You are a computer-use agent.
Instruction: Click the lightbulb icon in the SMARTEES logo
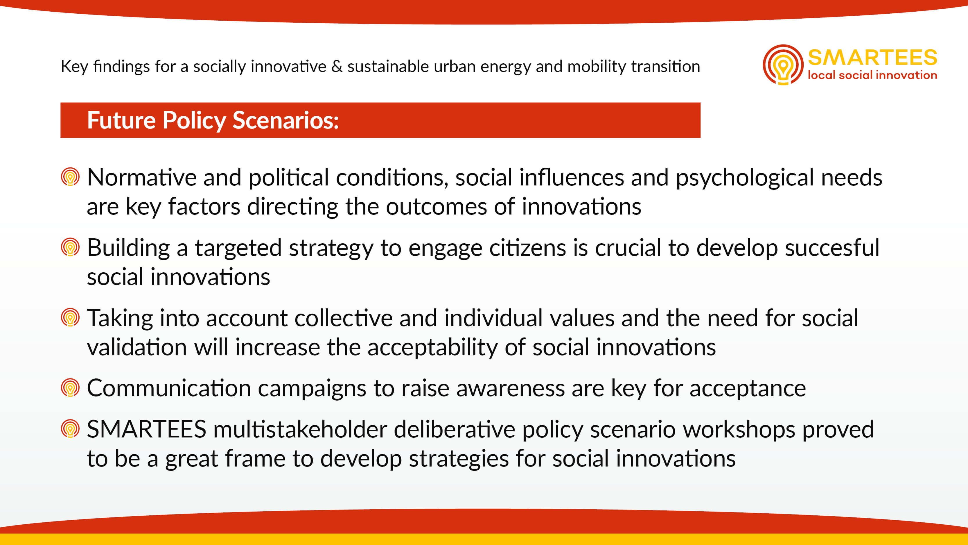(x=783, y=65)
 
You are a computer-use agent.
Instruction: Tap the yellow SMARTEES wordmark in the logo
(x=872, y=58)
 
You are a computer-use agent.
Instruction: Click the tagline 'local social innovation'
(x=872, y=75)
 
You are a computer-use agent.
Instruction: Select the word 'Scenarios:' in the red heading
(x=285, y=120)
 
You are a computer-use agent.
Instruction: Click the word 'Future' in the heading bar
(x=121, y=120)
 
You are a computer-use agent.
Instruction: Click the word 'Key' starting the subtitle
(x=74, y=67)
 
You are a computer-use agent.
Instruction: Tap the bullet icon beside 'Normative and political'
(x=70, y=177)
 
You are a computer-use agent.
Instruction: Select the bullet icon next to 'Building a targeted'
(x=70, y=247)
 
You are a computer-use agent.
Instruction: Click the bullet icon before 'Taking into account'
(x=70, y=317)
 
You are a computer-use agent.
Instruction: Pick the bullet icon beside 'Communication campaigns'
(x=70, y=388)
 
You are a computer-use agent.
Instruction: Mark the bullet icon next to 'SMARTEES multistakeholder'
(x=70, y=429)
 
